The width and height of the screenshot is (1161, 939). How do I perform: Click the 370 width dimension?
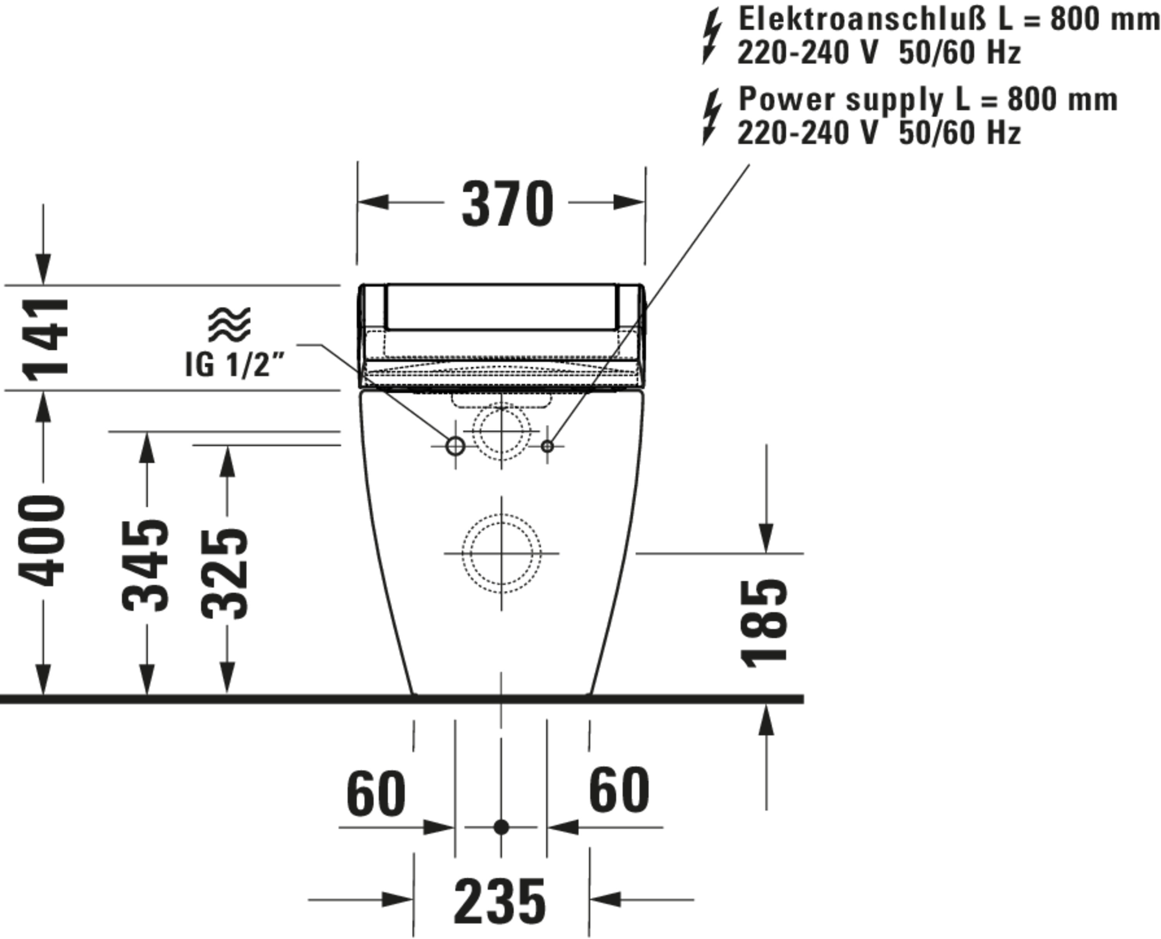coord(507,204)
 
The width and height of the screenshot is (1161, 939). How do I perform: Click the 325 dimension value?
coord(224,573)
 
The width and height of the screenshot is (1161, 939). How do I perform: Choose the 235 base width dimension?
coord(500,901)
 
